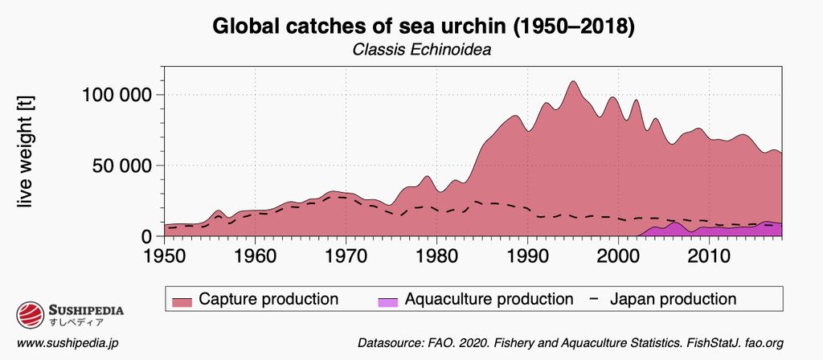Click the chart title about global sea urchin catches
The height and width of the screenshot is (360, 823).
pyautogui.click(x=424, y=27)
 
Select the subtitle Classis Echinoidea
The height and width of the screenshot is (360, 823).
pyautogui.click(x=422, y=50)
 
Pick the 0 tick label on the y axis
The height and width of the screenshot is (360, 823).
pyautogui.click(x=145, y=236)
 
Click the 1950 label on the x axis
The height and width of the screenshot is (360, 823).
pyautogui.click(x=165, y=256)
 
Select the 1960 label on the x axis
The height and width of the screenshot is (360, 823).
pyautogui.click(x=256, y=256)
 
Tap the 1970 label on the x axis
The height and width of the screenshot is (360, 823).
pyautogui.click(x=346, y=256)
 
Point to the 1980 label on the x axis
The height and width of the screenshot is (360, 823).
pyautogui.click(x=436, y=256)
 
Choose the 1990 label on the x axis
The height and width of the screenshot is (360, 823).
pyautogui.click(x=527, y=256)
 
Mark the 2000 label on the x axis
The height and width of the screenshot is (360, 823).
pyautogui.click(x=618, y=256)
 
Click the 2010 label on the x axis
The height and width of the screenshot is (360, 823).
pyautogui.click(x=709, y=256)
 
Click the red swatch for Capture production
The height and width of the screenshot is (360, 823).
pyautogui.click(x=183, y=300)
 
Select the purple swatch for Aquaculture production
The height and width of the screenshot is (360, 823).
pyautogui.click(x=388, y=300)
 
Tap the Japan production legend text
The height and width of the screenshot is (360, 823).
pyautogui.click(x=674, y=299)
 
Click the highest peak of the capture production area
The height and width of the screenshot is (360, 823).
pyautogui.click(x=572, y=82)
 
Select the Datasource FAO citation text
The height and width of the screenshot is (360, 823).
pyautogui.click(x=570, y=343)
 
